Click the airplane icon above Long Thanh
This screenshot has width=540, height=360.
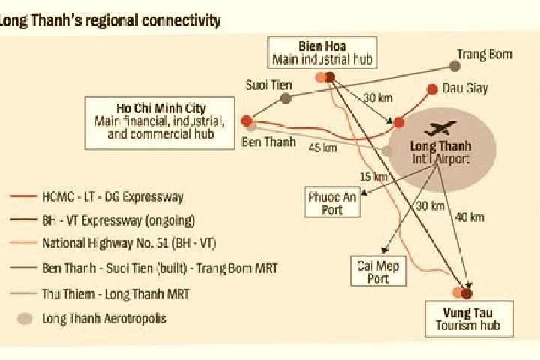[x=440, y=127]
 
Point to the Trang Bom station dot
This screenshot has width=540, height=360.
[x=454, y=66]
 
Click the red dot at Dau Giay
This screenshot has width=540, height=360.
[x=432, y=89]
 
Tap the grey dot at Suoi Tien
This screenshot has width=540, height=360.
[x=286, y=98]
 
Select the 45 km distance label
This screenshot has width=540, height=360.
[x=322, y=148]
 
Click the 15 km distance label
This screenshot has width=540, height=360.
[x=373, y=177]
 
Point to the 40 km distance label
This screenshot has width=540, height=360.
[x=469, y=217]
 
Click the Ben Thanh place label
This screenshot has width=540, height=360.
[x=268, y=142]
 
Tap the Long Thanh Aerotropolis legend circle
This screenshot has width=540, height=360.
[x=25, y=319]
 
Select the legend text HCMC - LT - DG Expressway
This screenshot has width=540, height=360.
[x=112, y=197]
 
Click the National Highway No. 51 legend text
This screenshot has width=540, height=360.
[x=129, y=243]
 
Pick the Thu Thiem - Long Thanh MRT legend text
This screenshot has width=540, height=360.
[x=115, y=294]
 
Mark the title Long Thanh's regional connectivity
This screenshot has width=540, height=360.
[x=109, y=21]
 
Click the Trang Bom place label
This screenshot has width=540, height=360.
[x=484, y=55]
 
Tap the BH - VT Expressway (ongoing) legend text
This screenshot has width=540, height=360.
[x=118, y=220]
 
